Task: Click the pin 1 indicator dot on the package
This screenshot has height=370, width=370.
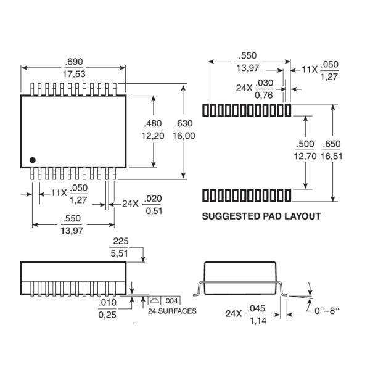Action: click(33, 160)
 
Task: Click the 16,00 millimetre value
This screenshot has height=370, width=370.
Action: click(184, 136)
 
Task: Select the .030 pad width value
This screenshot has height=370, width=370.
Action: click(265, 83)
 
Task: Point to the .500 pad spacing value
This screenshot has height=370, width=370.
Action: click(305, 144)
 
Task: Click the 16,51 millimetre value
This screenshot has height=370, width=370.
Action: click(333, 156)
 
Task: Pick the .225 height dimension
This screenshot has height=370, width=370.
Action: click(118, 242)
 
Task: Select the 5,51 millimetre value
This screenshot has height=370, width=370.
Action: click(118, 253)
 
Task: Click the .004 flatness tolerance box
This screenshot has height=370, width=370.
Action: click(171, 301)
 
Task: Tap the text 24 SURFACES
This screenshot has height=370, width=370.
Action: click(172, 311)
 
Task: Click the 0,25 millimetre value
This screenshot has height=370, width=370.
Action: click(107, 314)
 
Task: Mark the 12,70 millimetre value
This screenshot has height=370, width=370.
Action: click(305, 156)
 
